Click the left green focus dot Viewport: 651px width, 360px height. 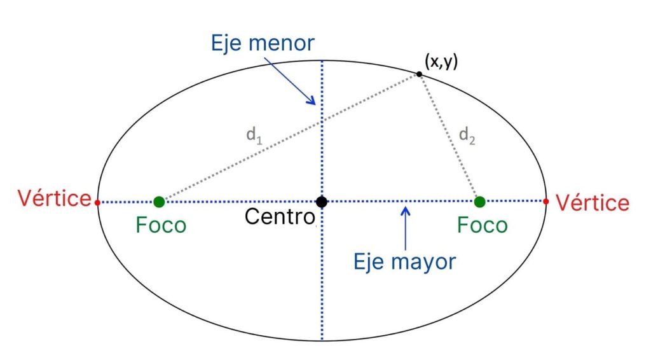[x=159, y=202]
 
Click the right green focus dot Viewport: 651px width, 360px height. [x=480, y=202]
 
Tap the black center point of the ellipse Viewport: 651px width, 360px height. [x=322, y=202]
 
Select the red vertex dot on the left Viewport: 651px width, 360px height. [x=97, y=202]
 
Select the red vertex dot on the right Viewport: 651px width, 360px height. [x=547, y=202]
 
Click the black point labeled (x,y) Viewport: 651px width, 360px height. [x=419, y=74]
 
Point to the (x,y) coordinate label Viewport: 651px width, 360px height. [x=441, y=61]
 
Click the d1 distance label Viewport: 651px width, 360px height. [x=254, y=135]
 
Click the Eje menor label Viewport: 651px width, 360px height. [x=263, y=43]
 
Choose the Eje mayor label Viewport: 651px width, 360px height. [x=405, y=261]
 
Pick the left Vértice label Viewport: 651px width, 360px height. [x=55, y=198]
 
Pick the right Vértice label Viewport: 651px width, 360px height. [x=593, y=203]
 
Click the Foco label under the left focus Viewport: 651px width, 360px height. [x=161, y=225]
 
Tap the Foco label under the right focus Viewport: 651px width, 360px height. [x=483, y=225]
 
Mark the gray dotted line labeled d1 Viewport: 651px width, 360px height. [x=289, y=138]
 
